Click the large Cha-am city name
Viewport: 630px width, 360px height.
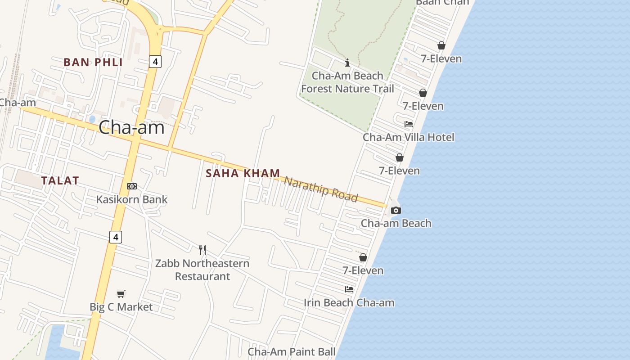(x=131, y=127)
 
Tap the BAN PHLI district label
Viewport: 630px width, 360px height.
(x=93, y=62)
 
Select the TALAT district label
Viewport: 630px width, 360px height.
(x=60, y=180)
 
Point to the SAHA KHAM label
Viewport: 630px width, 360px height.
(x=243, y=173)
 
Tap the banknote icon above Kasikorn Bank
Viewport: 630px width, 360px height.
(x=131, y=186)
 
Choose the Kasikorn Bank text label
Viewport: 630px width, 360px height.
(x=132, y=199)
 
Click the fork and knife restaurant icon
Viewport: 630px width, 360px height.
(x=202, y=250)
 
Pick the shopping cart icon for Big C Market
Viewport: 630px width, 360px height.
(x=121, y=294)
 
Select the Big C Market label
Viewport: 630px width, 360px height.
(x=121, y=307)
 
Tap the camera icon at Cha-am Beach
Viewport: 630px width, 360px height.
(x=396, y=210)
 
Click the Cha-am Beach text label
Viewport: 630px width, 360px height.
(x=396, y=223)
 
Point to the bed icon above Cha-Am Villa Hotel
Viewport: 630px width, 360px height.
(x=409, y=124)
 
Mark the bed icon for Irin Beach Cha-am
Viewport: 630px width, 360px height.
(x=349, y=289)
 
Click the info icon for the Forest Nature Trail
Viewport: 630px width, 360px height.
(x=347, y=63)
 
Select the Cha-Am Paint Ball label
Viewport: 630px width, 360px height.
(x=292, y=351)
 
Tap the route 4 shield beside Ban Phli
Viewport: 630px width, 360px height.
(x=155, y=62)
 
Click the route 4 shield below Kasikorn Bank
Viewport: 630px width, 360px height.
(x=116, y=237)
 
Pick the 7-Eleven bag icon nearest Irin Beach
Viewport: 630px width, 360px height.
(x=363, y=257)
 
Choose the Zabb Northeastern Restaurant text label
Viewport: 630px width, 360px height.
(x=202, y=270)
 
